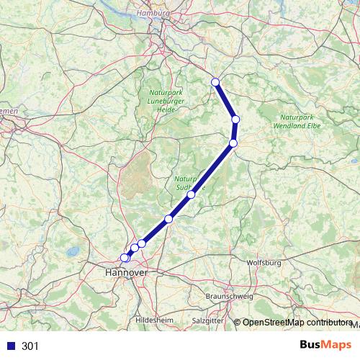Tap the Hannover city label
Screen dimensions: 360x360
126,273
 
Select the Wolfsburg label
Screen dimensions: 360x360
263,264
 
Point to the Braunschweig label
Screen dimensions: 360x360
229,297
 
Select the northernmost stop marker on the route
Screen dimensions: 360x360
215,82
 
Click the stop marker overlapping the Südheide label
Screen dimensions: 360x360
191,194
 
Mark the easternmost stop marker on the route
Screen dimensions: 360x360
235,120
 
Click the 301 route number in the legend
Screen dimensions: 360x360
30,346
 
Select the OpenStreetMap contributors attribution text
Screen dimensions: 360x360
297,323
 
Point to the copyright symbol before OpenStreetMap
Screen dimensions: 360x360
238,323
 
